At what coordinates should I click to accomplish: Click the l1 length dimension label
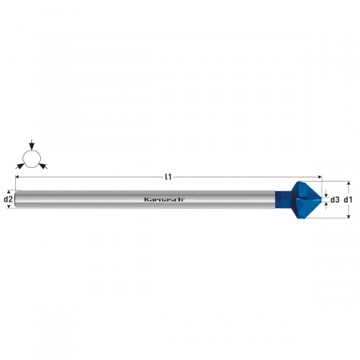click(x=168, y=177)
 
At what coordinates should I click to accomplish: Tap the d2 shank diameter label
click(x=8, y=199)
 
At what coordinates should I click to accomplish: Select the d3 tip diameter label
click(x=335, y=199)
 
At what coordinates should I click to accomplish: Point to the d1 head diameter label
click(x=348, y=199)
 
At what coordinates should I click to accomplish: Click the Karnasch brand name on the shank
click(x=164, y=199)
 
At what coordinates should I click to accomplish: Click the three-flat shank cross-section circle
click(x=32, y=159)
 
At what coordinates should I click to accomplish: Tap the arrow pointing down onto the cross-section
click(x=32, y=145)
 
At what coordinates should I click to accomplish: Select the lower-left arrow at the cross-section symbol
click(x=20, y=166)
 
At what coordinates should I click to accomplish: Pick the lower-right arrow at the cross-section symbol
click(x=43, y=166)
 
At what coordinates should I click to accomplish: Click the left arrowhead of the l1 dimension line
click(x=18, y=177)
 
